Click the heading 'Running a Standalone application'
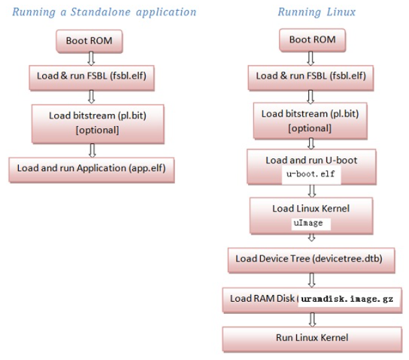tap(105, 11)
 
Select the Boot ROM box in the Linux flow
tap(312, 40)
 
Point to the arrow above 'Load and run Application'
tap(93, 149)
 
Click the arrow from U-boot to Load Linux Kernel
tap(311, 190)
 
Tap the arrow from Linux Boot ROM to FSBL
tap(310, 58)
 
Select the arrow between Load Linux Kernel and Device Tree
tap(310, 239)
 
